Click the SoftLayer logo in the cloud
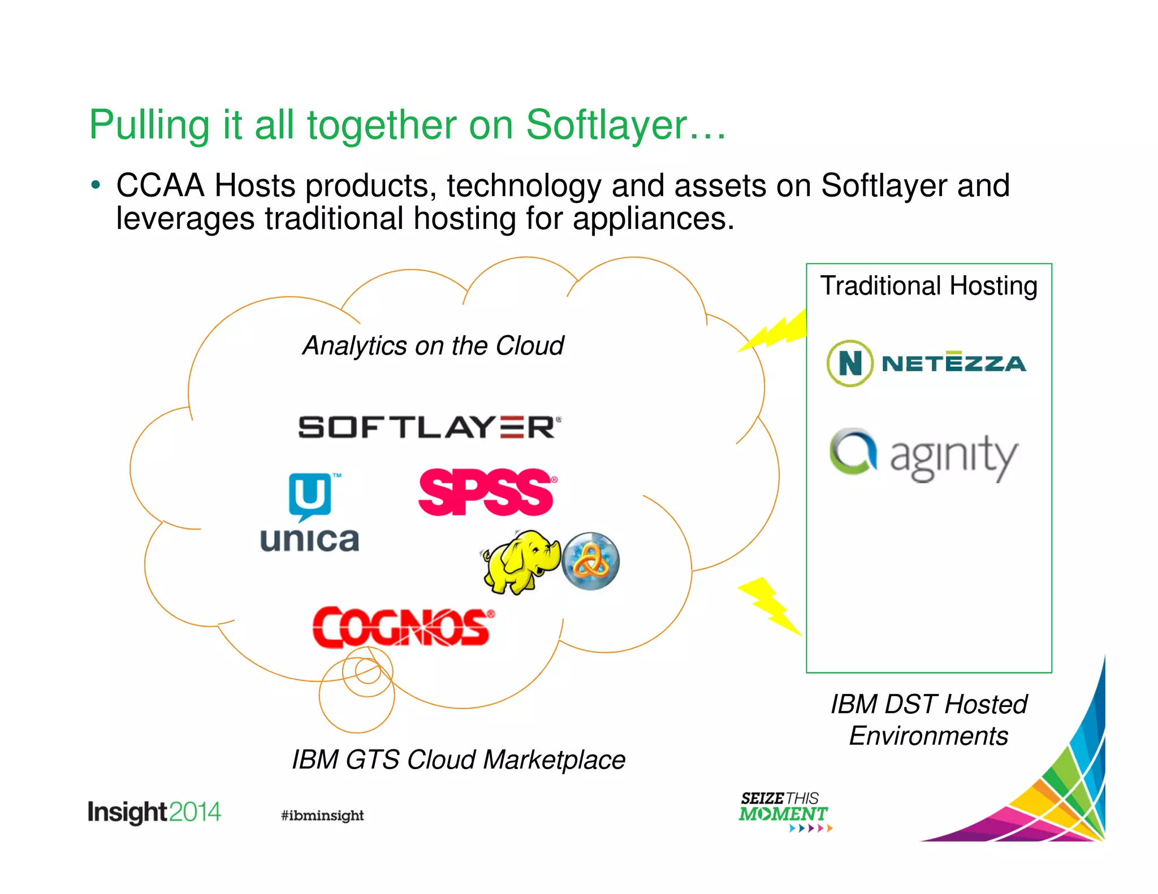pos(429,427)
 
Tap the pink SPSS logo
pos(486,492)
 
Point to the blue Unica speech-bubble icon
pos(310,496)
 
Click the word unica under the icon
pos(309,540)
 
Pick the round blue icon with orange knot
pos(591,561)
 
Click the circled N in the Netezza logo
pos(849,363)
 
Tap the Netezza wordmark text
pos(954,363)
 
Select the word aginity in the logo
pos(954,458)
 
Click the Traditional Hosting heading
pos(928,286)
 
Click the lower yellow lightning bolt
pos(770,606)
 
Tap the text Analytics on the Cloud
pos(433,346)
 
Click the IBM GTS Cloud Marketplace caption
pos(458,760)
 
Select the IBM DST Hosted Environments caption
pos(928,720)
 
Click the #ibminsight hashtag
pos(322,815)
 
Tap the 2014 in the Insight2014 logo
pos(195,812)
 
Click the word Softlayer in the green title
pos(606,125)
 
